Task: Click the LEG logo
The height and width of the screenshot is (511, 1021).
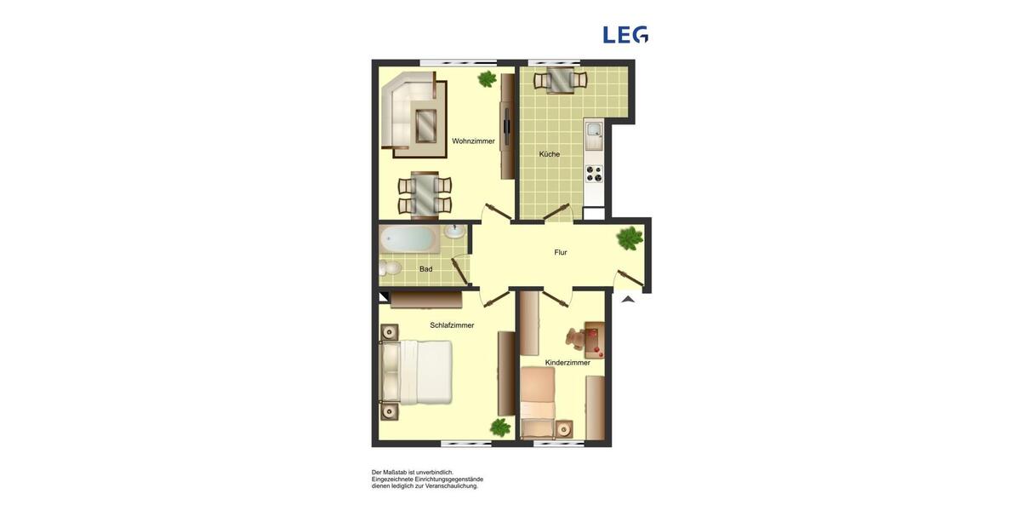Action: pos(625,35)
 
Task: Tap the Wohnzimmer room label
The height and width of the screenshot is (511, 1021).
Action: pos(473,141)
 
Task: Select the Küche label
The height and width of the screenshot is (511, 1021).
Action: pos(550,154)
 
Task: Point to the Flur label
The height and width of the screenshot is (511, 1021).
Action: pos(561,252)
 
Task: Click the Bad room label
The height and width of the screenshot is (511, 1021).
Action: pos(425,269)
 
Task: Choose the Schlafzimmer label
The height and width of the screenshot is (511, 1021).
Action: pos(452,325)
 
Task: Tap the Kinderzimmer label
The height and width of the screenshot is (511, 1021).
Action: pos(568,363)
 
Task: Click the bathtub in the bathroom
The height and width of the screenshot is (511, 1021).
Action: pos(409,238)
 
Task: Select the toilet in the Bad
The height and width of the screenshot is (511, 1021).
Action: pos(390,269)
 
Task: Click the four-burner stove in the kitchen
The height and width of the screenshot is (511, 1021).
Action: pos(594,174)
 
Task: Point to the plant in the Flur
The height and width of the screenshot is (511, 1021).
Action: pos(630,238)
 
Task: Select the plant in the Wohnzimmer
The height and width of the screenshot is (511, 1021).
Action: pos(488,79)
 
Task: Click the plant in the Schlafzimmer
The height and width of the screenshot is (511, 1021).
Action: pos(499,428)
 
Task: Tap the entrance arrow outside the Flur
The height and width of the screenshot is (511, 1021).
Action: pos(628,298)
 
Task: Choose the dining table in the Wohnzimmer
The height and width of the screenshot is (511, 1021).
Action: pos(425,195)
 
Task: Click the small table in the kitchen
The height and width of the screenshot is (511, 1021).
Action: pos(561,81)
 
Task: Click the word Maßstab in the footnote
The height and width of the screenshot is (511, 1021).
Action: pos(395,472)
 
